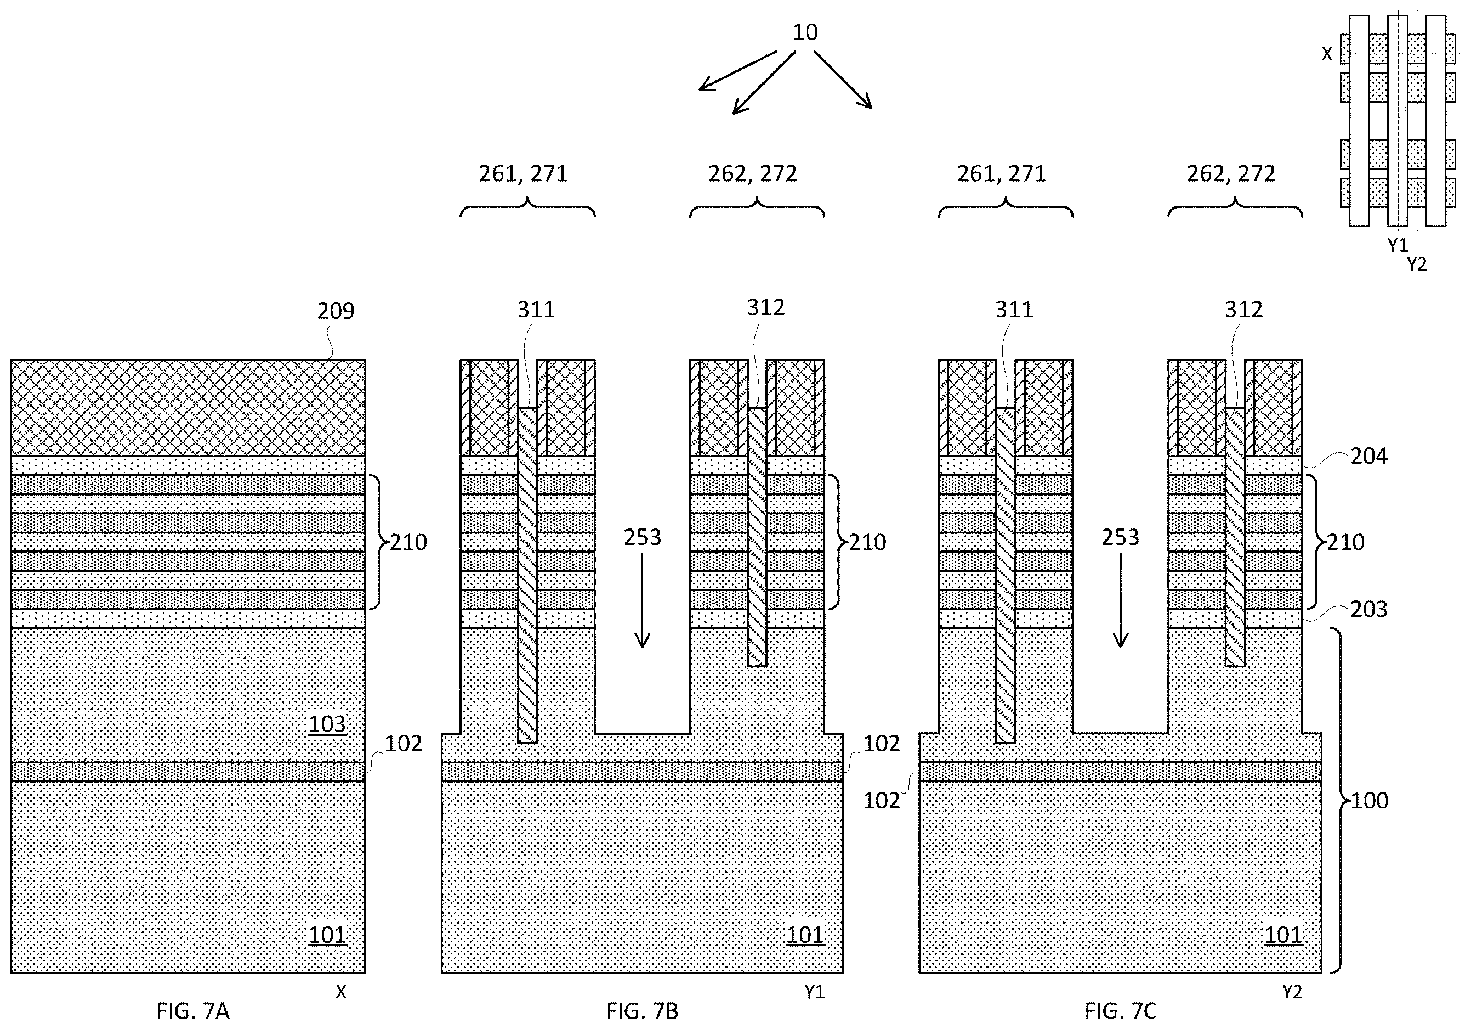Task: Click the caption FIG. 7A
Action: coord(193,1011)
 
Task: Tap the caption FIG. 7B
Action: coord(642,1011)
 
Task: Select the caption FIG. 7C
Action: coord(1121,1011)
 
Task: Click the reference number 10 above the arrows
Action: coord(805,32)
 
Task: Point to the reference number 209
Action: coord(336,311)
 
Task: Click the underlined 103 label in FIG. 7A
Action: coord(327,724)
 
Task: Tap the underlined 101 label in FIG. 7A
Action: coord(327,935)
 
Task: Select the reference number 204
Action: coord(1369,456)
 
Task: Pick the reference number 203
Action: coord(1369,609)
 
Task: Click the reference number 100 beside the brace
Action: coord(1370,800)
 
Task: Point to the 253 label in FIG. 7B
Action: coord(643,537)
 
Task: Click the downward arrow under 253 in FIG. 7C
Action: coord(1121,600)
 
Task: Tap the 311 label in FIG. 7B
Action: coord(536,310)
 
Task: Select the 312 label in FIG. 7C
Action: coord(1243,310)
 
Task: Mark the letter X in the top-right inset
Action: coord(1327,54)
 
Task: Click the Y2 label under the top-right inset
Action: coord(1417,264)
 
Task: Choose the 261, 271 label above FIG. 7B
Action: coord(524,174)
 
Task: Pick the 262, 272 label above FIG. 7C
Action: coord(1231,174)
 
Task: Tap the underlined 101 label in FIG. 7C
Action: coord(1284,935)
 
